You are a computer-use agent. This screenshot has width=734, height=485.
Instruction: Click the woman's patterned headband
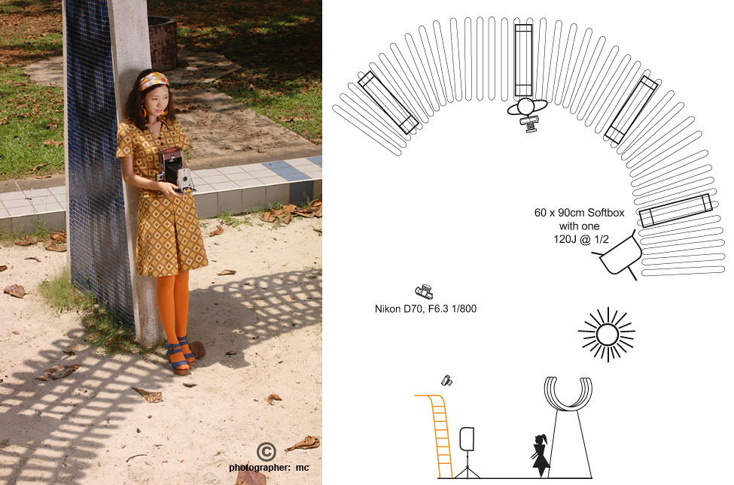pos(154,80)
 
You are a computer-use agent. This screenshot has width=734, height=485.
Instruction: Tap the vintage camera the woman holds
pos(176,171)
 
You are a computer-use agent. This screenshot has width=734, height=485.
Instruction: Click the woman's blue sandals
pos(180,356)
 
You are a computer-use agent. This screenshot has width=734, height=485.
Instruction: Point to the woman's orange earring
pos(143,112)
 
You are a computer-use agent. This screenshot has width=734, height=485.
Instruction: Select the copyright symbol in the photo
pos(266,452)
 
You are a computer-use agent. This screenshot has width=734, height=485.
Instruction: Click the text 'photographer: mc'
pos(269,467)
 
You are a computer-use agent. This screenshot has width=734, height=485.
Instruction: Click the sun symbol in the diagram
pos(607,335)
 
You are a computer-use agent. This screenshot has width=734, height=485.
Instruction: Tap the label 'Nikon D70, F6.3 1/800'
pos(425,309)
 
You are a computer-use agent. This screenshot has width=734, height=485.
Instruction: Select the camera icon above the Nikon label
pos(424,291)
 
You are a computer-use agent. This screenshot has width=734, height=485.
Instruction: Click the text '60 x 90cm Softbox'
pos(579,213)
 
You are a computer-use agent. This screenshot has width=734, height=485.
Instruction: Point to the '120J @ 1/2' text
pos(581,239)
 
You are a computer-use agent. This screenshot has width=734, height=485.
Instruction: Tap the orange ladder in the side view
pos(437,435)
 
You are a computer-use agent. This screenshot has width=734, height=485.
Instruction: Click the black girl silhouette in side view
pos(541,455)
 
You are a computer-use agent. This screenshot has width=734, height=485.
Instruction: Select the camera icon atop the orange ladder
pos(446,380)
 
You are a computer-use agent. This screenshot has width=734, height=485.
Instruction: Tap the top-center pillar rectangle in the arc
pos(523,61)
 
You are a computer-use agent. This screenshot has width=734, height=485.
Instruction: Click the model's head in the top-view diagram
pos(525,107)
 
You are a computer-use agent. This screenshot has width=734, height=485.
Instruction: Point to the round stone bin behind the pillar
pos(162,42)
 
